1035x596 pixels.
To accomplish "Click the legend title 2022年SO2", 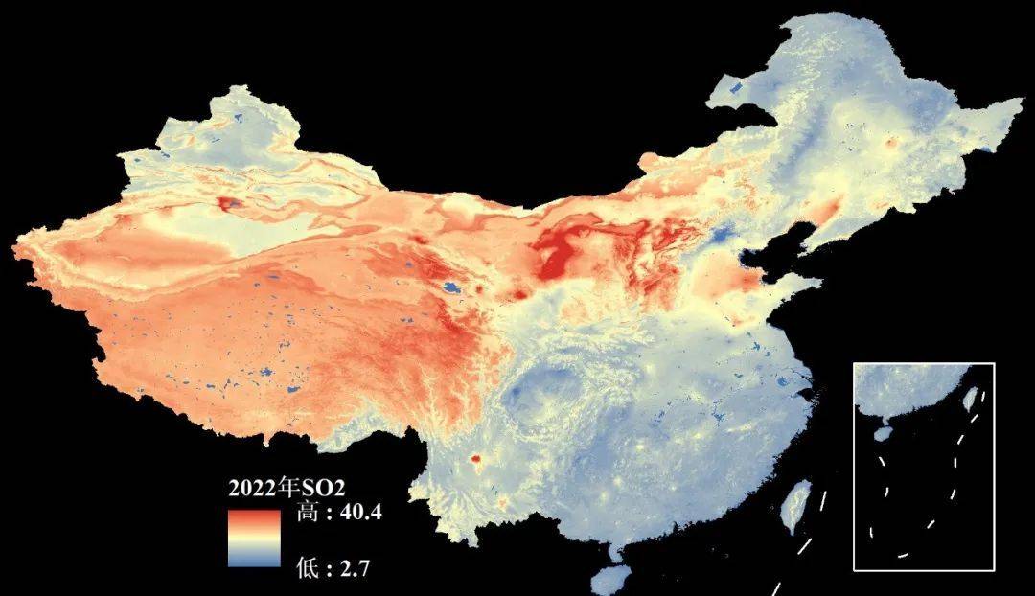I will [x=277, y=488].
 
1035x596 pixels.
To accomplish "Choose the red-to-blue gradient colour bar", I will [x=254, y=539].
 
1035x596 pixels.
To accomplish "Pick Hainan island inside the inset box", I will [x=883, y=433].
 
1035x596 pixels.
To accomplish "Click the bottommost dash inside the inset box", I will [x=901, y=555].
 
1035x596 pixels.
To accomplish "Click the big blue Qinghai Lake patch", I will [x=449, y=286].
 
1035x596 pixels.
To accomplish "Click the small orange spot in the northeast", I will [x=892, y=143].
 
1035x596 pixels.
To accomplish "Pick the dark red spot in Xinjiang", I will [x=229, y=203].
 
